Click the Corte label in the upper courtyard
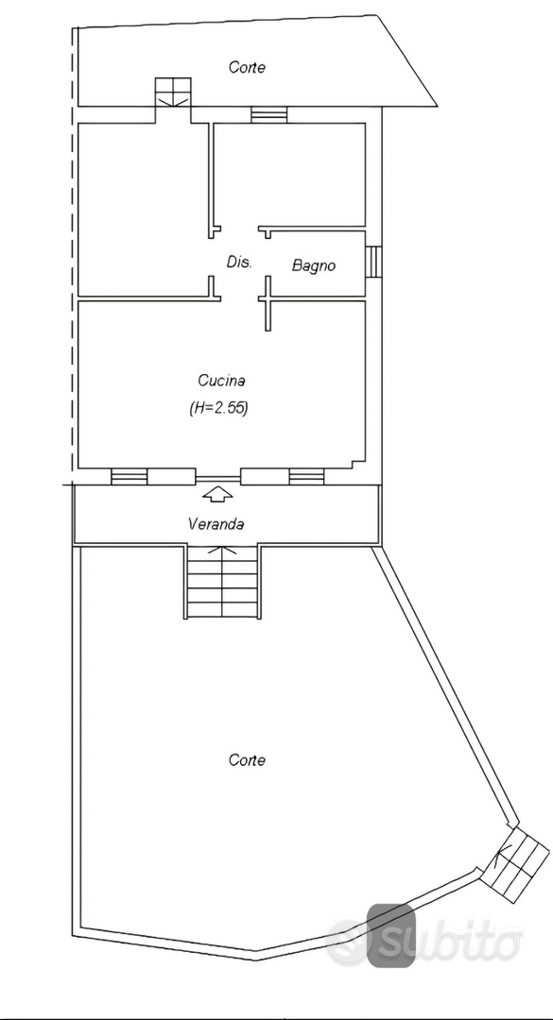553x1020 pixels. coord(247,67)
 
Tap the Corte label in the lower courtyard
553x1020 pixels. coord(247,759)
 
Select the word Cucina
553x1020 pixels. coord(217,380)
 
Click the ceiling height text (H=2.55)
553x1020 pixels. coord(218,409)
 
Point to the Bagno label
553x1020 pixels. coord(314,265)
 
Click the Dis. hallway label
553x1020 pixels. coord(239,263)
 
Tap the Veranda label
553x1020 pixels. coord(216,523)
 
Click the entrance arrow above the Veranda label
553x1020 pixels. coord(217,494)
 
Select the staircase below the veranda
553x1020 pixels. coord(223,582)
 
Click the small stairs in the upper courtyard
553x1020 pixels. coord(173,92)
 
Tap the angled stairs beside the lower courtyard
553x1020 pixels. coord(519,864)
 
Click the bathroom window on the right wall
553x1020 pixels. coord(372,262)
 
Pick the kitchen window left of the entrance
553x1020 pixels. coord(129,477)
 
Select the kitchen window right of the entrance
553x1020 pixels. coord(307,477)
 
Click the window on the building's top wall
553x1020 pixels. coord(269,114)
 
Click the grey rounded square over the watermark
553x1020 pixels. coord(390,935)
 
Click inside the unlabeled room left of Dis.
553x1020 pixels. coord(143,208)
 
